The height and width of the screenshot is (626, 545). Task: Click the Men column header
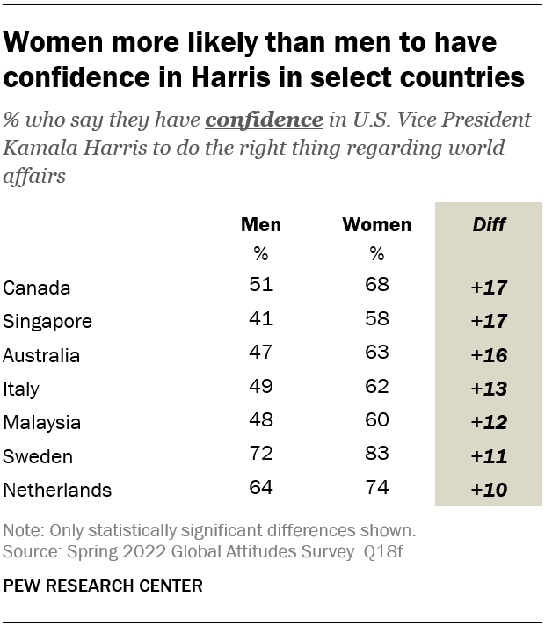click(x=261, y=224)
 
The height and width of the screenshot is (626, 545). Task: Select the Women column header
click(x=376, y=224)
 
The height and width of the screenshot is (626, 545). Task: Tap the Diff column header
click(x=489, y=224)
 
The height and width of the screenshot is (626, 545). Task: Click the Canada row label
click(x=37, y=288)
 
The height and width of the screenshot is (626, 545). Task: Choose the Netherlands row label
click(x=57, y=491)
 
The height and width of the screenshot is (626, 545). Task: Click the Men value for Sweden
click(x=261, y=456)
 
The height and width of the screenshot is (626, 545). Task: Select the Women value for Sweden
click(x=376, y=456)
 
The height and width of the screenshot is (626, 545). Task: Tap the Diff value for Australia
click(x=489, y=356)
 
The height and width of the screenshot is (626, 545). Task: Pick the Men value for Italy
click(x=261, y=389)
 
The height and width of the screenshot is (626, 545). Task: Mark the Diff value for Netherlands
click(x=489, y=491)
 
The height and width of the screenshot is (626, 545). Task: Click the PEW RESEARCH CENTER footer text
click(x=103, y=586)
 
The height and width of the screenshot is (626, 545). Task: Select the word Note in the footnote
click(x=21, y=531)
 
